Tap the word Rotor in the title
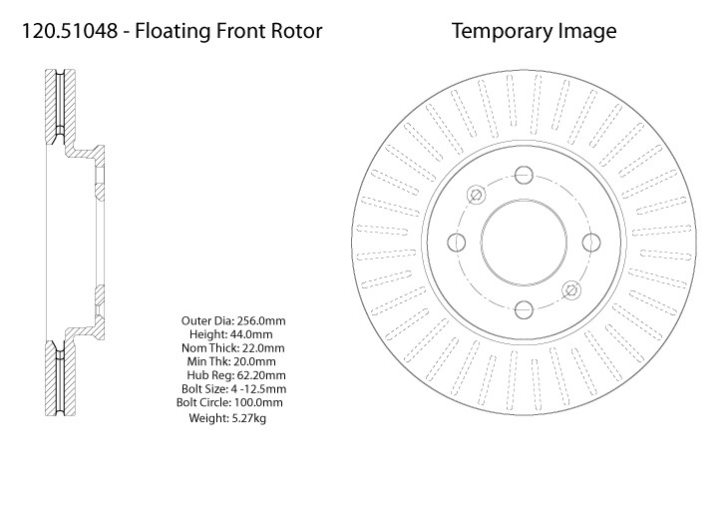(x=296, y=31)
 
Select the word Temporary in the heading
(x=502, y=31)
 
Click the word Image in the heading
(x=588, y=31)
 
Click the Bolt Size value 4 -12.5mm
(x=257, y=388)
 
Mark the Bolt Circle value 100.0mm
(x=258, y=402)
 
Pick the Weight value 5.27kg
(x=248, y=418)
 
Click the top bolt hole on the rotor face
(x=524, y=175)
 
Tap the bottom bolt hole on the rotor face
(x=524, y=308)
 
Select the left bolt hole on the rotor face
(x=458, y=242)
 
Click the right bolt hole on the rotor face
(x=590, y=242)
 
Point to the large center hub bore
(x=524, y=242)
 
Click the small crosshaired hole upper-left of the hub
(x=477, y=194)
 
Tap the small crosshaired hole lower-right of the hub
(x=570, y=289)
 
